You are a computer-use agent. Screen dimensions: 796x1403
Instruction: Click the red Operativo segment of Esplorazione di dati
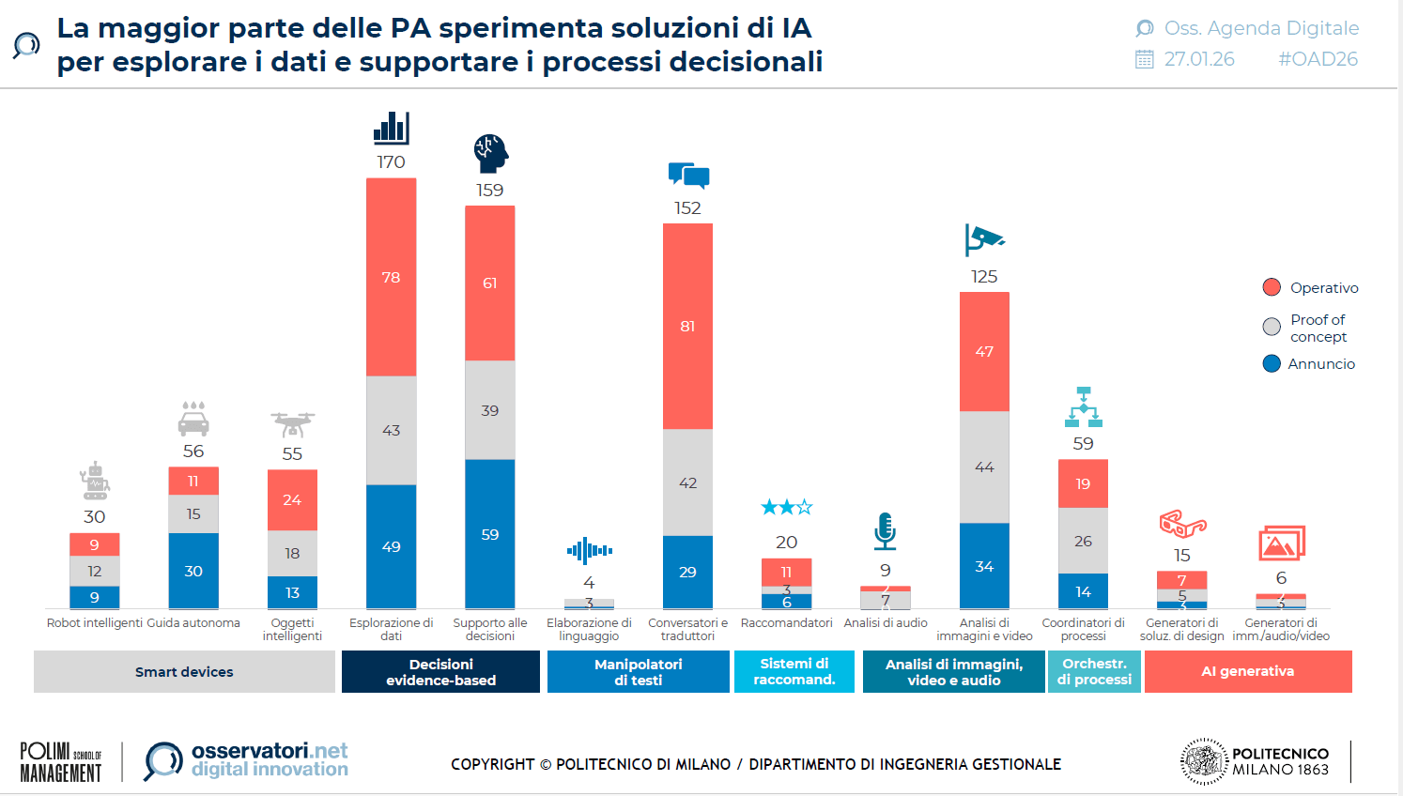point(391,277)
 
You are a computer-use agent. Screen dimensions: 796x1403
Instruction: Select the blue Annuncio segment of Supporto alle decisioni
point(489,534)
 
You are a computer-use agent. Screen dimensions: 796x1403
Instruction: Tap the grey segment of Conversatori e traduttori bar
point(687,482)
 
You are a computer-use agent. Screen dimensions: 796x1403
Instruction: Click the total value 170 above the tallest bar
point(391,162)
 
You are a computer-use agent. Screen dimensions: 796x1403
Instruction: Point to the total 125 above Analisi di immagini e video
point(984,277)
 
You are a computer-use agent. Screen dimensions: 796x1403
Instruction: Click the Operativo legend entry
point(1311,287)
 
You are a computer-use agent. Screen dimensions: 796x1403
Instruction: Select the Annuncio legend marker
point(1272,363)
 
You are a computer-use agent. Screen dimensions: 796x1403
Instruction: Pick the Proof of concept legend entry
point(1311,328)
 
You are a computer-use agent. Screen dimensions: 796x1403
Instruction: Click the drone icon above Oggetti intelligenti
point(292,424)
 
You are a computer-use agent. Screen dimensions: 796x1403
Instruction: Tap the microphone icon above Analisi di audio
point(885,531)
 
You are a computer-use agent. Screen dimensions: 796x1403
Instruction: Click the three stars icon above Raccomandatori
point(786,508)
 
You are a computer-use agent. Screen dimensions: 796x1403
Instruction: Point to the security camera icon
point(983,240)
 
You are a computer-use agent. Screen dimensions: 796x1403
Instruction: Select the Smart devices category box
point(184,672)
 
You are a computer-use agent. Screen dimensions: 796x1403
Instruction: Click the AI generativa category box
point(1247,672)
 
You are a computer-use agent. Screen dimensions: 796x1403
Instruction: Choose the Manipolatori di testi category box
point(638,672)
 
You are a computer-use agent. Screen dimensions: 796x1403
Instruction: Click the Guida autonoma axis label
point(193,623)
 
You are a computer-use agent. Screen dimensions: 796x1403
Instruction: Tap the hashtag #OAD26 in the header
point(1318,59)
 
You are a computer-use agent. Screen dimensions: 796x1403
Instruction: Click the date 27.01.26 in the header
point(1199,59)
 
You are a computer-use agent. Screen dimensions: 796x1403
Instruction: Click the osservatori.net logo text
point(270,751)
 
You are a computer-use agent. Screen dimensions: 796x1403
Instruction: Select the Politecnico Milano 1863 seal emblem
point(1204,761)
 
